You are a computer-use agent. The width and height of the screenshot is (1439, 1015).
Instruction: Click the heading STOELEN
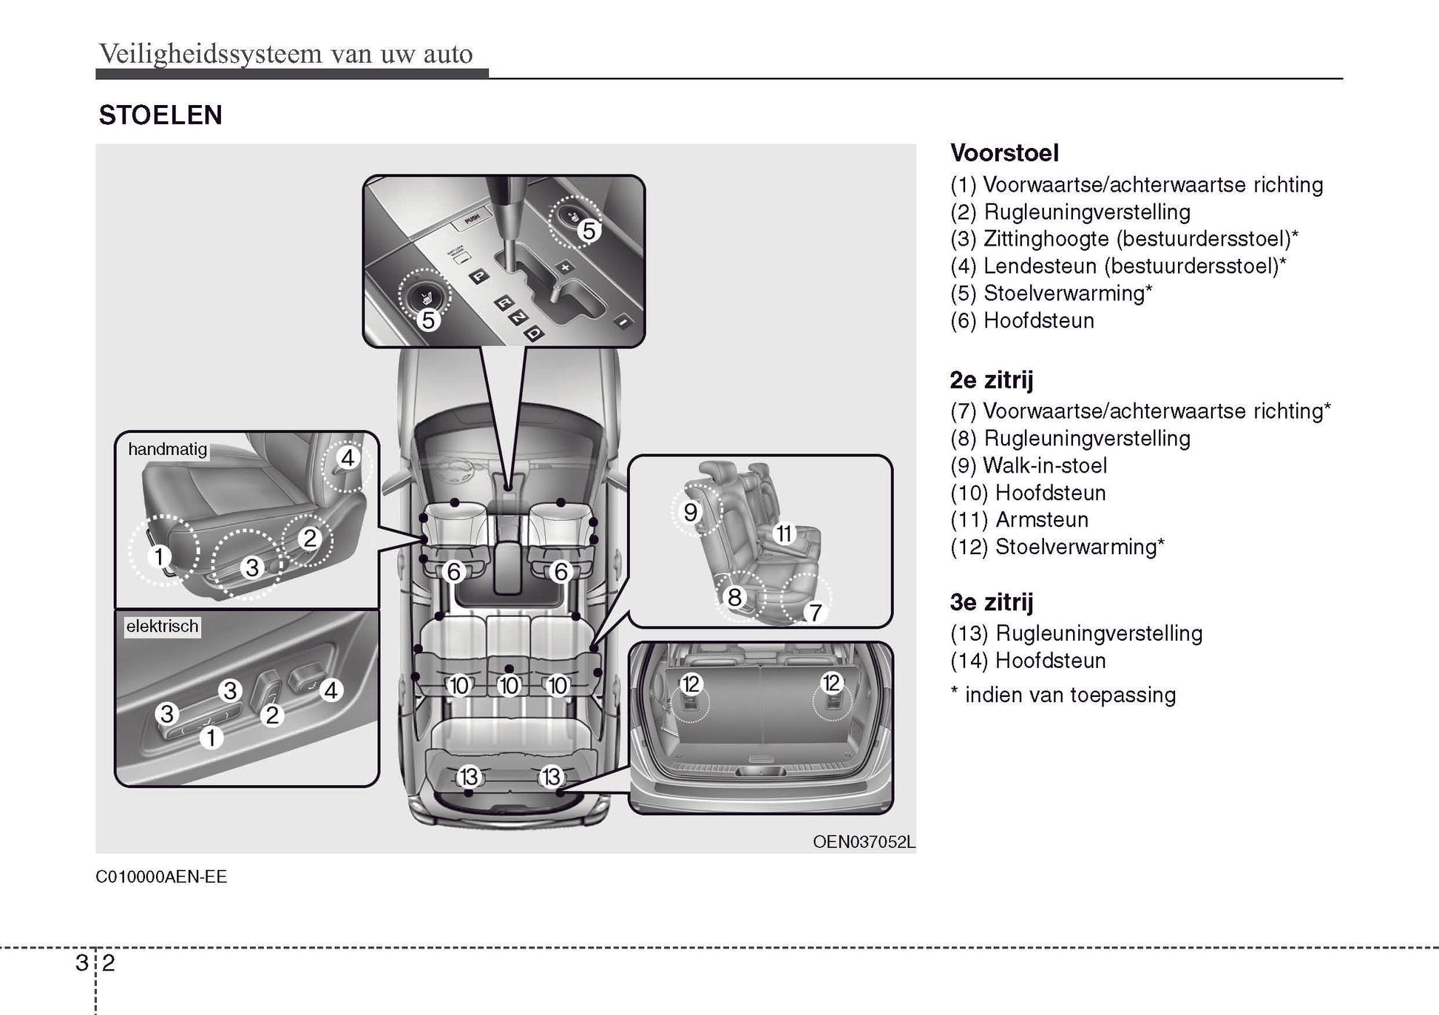tap(160, 115)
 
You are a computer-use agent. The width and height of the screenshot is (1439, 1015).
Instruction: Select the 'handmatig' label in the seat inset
tap(167, 449)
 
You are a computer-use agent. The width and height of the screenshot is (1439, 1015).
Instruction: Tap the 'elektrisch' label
tap(162, 626)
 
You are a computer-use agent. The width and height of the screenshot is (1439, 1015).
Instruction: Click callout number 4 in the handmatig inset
tap(347, 457)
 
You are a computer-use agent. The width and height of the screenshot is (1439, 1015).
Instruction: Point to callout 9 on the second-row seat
tap(691, 512)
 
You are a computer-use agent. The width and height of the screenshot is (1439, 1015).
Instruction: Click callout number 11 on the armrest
tap(783, 533)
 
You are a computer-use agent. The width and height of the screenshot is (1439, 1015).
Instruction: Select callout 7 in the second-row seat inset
tap(814, 612)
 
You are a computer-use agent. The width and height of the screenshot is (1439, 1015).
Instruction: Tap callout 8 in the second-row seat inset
tap(734, 596)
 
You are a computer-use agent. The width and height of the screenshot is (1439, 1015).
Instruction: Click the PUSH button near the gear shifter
tap(471, 217)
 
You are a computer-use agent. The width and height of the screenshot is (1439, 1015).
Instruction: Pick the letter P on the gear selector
tap(479, 277)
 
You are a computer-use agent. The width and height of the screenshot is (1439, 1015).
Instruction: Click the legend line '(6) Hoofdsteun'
tap(1022, 320)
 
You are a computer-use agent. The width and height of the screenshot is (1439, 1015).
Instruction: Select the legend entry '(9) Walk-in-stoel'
tap(1028, 465)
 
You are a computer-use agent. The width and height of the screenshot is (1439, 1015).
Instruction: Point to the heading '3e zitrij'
tap(991, 602)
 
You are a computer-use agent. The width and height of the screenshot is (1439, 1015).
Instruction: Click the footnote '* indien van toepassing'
tap(1063, 695)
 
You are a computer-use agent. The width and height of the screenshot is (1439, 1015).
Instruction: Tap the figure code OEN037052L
tap(863, 842)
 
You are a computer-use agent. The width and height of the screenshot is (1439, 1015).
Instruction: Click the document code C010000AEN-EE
tap(161, 877)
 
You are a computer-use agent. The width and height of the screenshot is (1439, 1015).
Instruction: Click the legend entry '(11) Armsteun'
tap(1019, 519)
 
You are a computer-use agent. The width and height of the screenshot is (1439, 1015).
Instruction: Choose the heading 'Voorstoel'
tap(1004, 153)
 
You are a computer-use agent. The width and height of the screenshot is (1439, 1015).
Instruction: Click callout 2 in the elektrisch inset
tap(272, 715)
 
